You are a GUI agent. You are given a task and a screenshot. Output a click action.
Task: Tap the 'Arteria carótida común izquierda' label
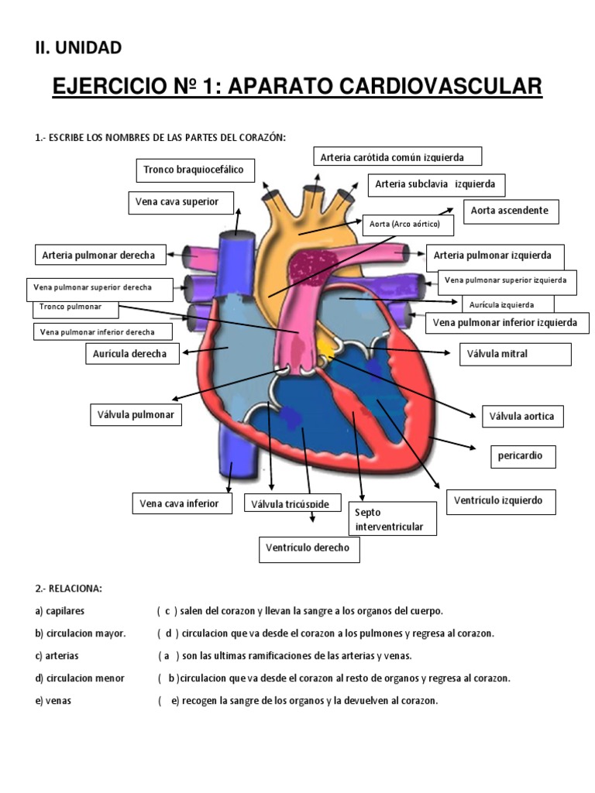[397, 157]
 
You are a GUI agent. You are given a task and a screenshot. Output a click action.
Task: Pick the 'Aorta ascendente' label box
[511, 211]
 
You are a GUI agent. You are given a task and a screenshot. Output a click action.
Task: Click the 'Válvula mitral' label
[514, 354]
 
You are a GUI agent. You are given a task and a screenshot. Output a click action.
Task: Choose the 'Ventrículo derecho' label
[308, 548]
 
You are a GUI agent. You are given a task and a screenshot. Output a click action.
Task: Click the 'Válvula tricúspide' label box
[291, 504]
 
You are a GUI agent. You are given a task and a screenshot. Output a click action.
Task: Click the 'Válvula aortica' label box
[522, 416]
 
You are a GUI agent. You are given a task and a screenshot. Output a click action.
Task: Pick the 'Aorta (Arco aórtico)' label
[405, 225]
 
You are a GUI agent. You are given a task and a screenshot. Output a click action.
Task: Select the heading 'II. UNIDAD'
[77, 48]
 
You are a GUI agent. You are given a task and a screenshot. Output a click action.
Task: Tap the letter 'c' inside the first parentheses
[167, 611]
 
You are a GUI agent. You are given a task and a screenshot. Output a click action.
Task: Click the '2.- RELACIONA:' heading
[67, 589]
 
